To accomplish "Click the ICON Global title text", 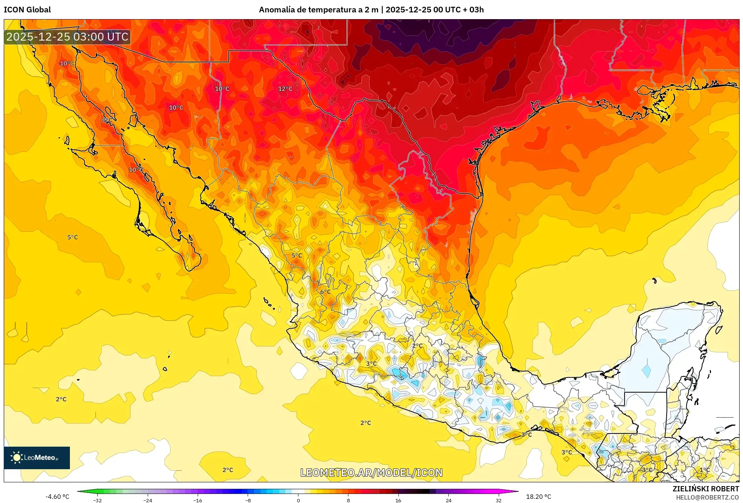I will pos(27,10).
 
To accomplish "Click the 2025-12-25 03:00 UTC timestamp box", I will pos(67,37).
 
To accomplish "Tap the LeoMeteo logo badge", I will pos(36,458).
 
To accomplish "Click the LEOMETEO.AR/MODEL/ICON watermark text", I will pos(371,473).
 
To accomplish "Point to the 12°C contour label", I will pos(285,89).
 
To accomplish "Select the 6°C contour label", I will pos(325,292).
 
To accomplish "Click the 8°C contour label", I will pos(107,120).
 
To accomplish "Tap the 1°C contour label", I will pos(704,470).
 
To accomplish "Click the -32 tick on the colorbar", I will pos(98,500).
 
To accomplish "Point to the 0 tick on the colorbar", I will pos(298,500).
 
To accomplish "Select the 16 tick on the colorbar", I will pos(398,500).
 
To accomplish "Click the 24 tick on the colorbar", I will pos(448,500).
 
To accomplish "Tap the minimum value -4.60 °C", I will pos(57,497).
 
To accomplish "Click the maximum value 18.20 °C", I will pos(538,497).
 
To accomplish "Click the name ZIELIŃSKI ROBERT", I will pos(705,489).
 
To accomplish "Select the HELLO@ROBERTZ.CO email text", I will pos(707,497).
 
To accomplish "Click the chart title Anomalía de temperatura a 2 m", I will pos(318,10).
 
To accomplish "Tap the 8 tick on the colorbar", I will pos(348,500).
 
